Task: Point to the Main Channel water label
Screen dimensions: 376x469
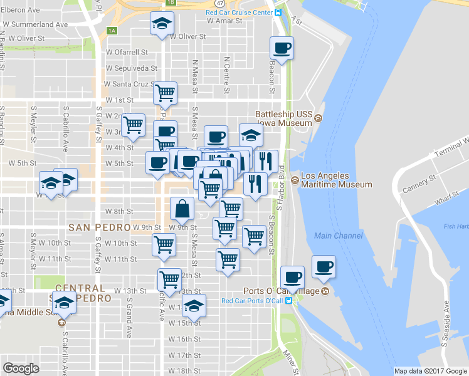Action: [339, 236]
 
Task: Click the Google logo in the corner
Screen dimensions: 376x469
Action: [21, 368]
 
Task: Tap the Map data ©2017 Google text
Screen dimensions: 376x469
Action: [430, 371]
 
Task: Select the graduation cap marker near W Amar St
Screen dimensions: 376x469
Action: [162, 24]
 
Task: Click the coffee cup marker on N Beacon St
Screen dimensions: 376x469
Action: [282, 48]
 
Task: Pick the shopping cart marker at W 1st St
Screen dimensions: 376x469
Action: [165, 93]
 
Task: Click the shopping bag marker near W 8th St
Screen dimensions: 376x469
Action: [182, 207]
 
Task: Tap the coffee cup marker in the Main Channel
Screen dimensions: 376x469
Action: [324, 266]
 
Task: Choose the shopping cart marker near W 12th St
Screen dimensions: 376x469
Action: [169, 279]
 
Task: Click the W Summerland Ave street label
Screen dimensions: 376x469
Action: [35, 24]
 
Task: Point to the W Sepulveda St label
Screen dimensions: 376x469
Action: [131, 68]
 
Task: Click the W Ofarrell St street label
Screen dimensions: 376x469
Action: [127, 52]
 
